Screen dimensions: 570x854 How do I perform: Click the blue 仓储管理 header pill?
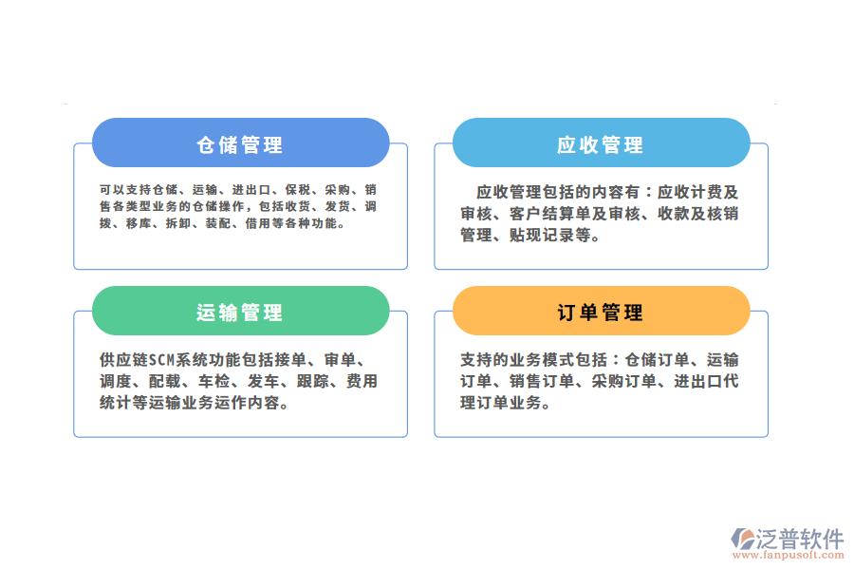point(240,144)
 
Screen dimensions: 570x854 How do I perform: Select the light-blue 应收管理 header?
point(601,144)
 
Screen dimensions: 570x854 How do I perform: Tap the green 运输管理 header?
point(240,313)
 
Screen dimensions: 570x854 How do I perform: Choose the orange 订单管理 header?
point(601,313)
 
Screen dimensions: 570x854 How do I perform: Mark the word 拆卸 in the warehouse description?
point(177,224)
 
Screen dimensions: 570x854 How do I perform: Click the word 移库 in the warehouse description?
point(138,224)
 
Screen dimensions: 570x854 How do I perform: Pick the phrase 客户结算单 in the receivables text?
point(551,213)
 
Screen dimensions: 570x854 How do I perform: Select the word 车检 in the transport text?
point(213,382)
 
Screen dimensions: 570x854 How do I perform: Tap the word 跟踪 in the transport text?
point(311,382)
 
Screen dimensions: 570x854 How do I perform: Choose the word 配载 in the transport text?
point(163,382)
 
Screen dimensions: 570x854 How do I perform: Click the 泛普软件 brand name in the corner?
point(799,538)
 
